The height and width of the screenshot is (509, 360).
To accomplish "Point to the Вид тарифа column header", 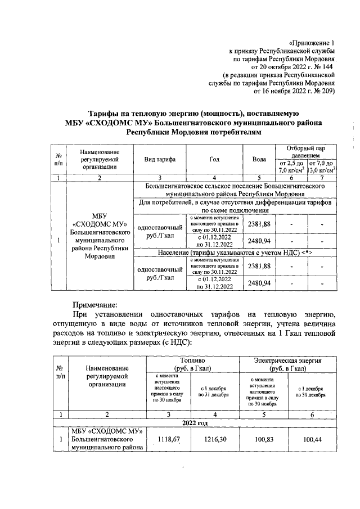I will tap(160, 160).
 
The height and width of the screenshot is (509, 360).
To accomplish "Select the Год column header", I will tap(214, 160).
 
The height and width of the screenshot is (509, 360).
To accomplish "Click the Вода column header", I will tap(259, 160).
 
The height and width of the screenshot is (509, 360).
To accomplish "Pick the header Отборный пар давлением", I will tap(306, 151).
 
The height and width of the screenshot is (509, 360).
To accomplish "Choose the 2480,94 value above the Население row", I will tap(259, 241).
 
